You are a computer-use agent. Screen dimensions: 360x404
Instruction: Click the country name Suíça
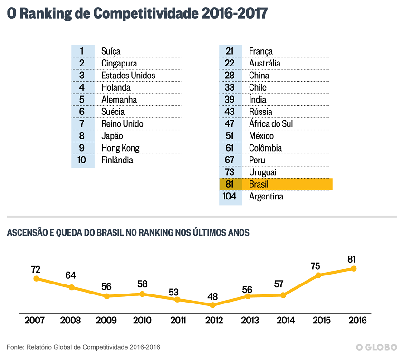pyautogui.click(x=111, y=51)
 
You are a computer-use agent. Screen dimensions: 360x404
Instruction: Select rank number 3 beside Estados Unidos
pyautogui.click(x=82, y=76)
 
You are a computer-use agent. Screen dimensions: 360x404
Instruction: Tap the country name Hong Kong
pyautogui.click(x=120, y=148)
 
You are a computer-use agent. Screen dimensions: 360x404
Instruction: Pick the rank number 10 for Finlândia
pyautogui.click(x=82, y=160)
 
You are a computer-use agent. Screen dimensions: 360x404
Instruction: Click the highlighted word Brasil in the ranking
pyautogui.click(x=259, y=184)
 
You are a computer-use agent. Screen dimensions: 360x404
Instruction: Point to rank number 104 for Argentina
pyautogui.click(x=230, y=197)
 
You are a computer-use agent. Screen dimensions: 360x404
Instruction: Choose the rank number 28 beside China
pyautogui.click(x=230, y=76)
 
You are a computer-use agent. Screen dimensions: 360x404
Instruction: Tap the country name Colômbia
pyautogui.click(x=265, y=148)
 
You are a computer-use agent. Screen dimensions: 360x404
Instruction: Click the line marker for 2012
pyautogui.click(x=212, y=305)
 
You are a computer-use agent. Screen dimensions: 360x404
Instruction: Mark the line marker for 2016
pyautogui.click(x=354, y=268)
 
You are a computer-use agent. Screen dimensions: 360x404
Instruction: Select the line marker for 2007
pyautogui.click(x=36, y=279)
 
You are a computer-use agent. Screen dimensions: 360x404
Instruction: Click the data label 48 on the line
pyautogui.click(x=212, y=294)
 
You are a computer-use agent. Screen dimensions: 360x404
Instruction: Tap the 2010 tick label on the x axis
pyautogui.click(x=142, y=321)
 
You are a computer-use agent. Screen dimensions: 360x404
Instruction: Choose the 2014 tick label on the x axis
pyautogui.click(x=283, y=321)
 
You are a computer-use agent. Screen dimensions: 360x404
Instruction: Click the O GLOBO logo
pyautogui.click(x=376, y=347)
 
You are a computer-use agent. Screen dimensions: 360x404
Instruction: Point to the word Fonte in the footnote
pyautogui.click(x=16, y=347)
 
